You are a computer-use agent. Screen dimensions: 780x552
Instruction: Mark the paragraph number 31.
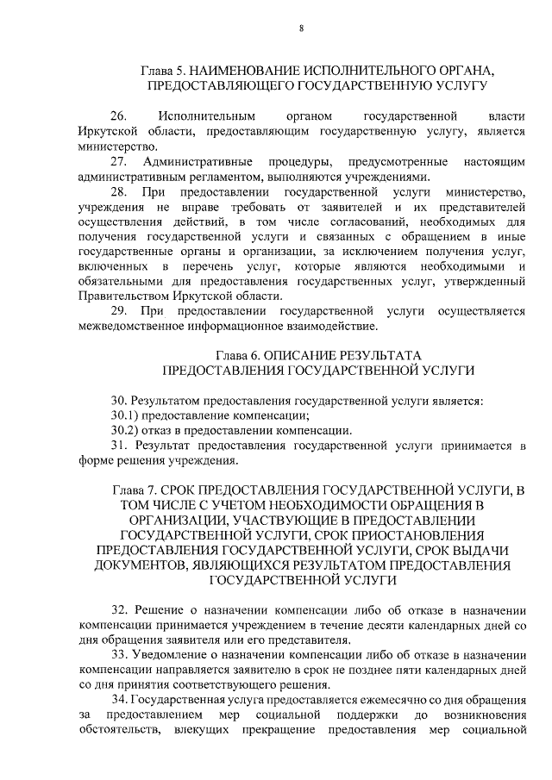point(120,446)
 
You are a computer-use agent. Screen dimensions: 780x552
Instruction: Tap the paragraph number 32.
point(120,610)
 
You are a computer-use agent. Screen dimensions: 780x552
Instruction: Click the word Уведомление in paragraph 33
point(174,656)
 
